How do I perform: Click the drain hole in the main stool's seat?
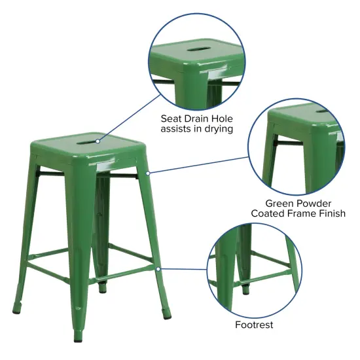86,137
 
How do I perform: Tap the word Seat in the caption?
173,119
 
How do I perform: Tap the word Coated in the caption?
268,214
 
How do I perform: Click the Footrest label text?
254,325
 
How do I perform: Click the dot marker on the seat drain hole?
98,139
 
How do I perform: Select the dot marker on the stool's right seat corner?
149,173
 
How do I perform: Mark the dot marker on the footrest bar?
159,268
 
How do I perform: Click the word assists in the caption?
177,130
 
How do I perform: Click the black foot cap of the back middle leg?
101,287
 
